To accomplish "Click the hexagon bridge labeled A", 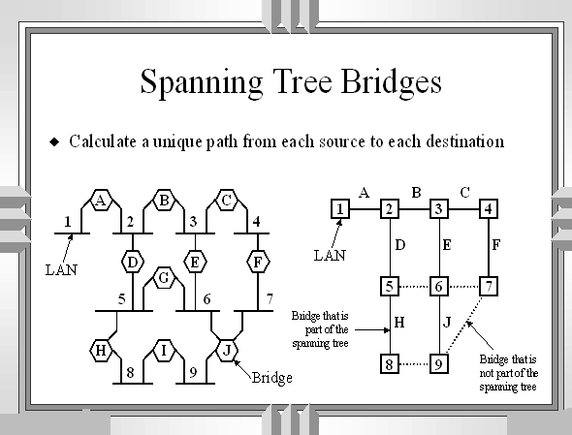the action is tap(101, 200).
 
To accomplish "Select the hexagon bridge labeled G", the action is tap(164, 278).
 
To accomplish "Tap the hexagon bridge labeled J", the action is tap(227, 351).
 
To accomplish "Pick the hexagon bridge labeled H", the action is tap(101, 351).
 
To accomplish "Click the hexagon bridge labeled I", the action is tap(164, 351).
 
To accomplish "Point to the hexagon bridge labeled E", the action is tap(195, 262).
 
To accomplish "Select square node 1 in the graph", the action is tap(340, 209).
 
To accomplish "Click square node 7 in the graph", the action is tap(489, 286).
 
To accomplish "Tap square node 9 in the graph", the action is tap(439, 363).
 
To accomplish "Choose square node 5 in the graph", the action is tap(390, 286).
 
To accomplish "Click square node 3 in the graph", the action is tap(439, 209).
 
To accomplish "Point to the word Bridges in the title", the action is tap(391, 82).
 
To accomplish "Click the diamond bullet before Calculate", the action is tap(54, 141).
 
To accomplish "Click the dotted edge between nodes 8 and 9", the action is tap(414, 363).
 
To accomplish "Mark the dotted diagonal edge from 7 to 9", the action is tap(464, 325).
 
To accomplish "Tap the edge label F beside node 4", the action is tap(496, 245).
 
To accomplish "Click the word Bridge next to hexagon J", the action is tap(272, 378).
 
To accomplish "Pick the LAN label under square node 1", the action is tap(330, 256).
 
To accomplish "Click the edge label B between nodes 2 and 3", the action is tap(416, 193).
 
